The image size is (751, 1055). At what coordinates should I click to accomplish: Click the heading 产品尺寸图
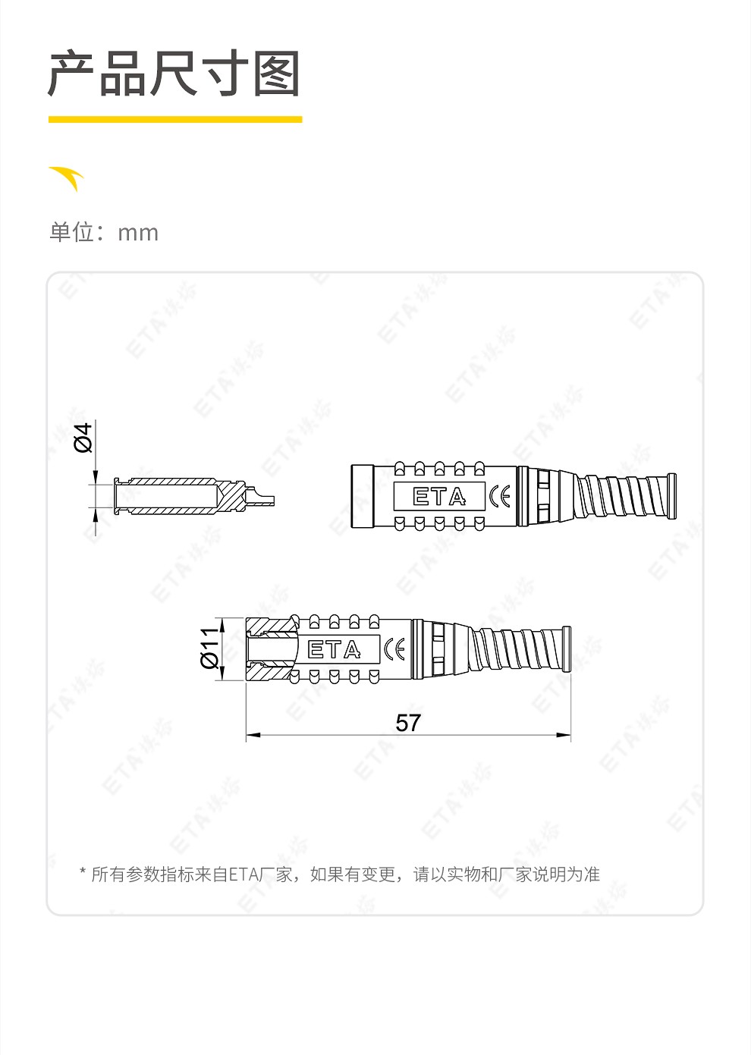coord(174,73)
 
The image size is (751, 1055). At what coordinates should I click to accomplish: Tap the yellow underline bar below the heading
coord(175,119)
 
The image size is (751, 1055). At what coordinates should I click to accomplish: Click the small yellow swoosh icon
coord(68,178)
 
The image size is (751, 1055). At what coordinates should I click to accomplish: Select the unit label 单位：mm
coord(104,232)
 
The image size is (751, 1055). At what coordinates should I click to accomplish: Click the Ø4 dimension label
coord(83,438)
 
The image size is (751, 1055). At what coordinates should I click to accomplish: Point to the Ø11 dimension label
coord(209,648)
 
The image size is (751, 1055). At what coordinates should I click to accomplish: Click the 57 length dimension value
coord(408,723)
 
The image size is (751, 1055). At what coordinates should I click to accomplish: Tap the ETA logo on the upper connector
coord(439,497)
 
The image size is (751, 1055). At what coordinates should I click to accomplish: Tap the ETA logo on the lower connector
coord(334,650)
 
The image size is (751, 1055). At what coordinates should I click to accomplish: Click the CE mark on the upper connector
coord(500,497)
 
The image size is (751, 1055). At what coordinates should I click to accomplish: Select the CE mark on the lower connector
coord(394,649)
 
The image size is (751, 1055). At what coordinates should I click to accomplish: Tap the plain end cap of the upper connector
coord(363,497)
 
